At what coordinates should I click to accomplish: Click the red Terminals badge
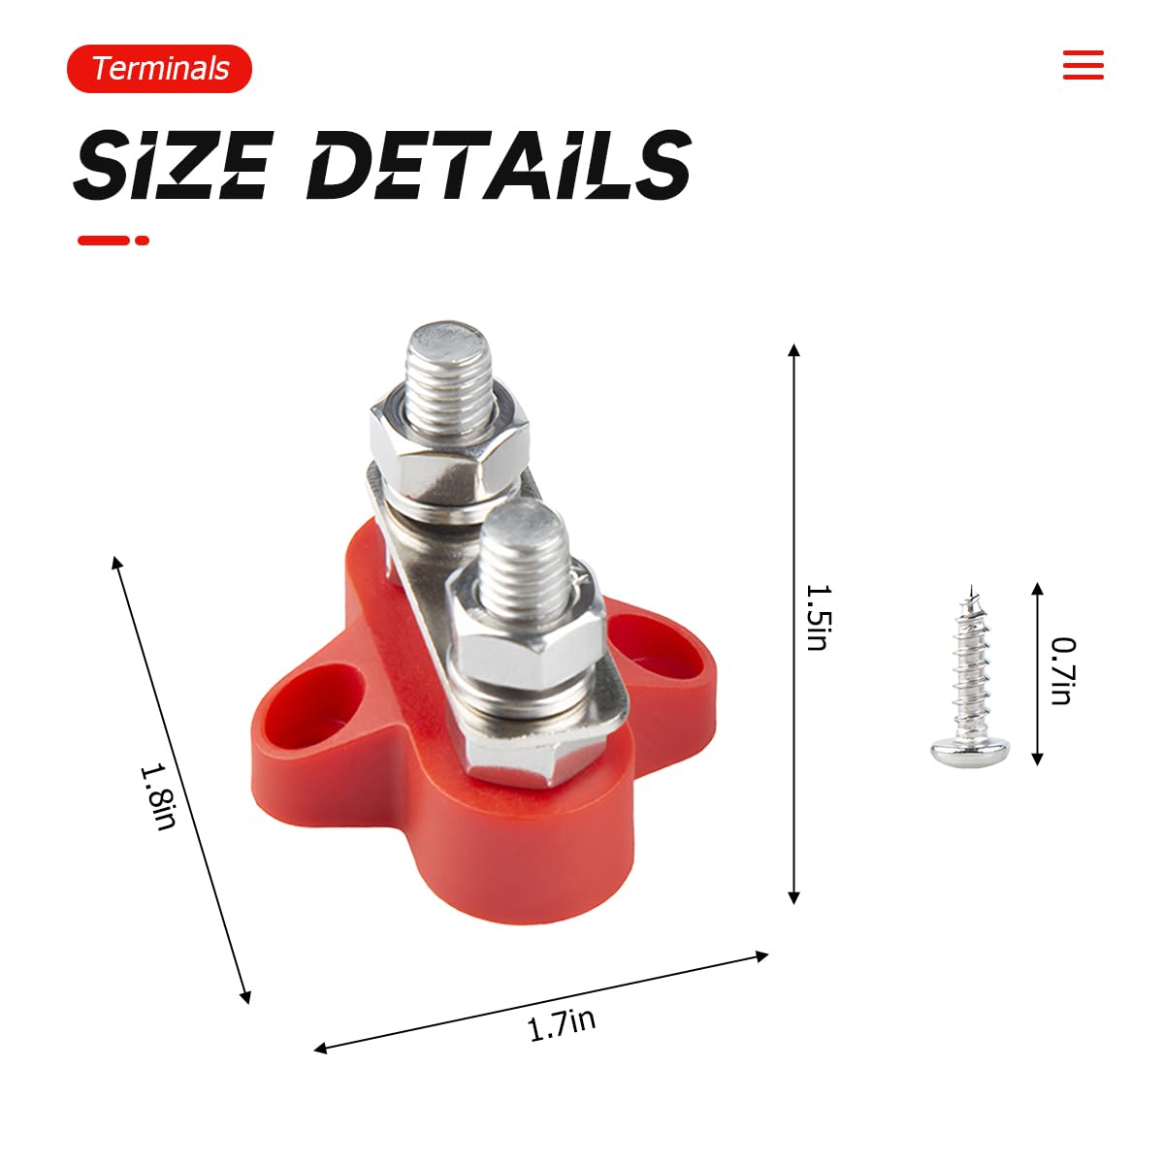pyautogui.click(x=159, y=68)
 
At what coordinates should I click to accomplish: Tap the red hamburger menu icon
pyautogui.click(x=1083, y=65)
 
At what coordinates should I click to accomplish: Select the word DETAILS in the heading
pyautogui.click(x=499, y=164)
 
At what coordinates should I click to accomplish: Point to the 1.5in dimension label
pyautogui.click(x=820, y=617)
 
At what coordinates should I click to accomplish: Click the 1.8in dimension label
pyautogui.click(x=159, y=796)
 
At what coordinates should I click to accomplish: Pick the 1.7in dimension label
pyautogui.click(x=562, y=1024)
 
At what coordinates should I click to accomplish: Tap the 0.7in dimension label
pyautogui.click(x=1064, y=670)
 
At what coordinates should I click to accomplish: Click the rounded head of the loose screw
pyautogui.click(x=969, y=752)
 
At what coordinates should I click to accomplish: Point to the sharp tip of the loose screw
pyautogui.click(x=971, y=585)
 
